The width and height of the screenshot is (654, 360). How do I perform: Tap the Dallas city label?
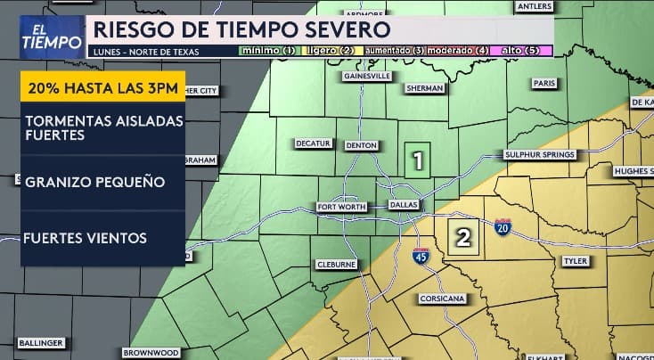pos(404,205)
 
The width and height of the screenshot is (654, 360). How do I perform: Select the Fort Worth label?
pos(341,208)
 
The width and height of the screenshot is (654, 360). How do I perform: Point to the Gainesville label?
pos(369,77)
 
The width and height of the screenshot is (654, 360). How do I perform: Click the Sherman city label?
pos(424,88)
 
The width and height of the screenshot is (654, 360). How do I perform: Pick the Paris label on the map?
pos(544,83)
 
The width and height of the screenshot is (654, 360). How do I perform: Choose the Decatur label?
pos(314,143)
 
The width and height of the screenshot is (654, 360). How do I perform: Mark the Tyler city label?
pos(575,261)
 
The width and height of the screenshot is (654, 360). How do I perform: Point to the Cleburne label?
pos(337,265)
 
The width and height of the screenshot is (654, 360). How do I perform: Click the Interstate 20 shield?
pos(503,225)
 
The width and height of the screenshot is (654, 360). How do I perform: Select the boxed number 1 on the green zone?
pos(416,161)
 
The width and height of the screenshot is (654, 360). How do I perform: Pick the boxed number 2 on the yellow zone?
pos(463,237)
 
